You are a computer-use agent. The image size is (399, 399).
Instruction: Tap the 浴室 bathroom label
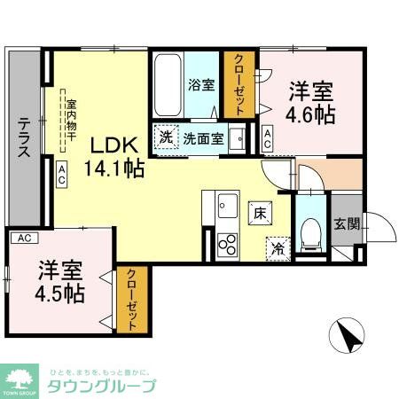(x=201, y=86)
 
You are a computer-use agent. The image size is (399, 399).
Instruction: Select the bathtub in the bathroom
(x=168, y=85)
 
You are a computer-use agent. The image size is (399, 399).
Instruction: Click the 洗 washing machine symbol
(x=165, y=138)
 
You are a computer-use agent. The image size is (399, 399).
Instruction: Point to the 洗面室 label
(x=203, y=138)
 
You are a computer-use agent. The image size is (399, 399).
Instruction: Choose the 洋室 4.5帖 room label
(x=59, y=282)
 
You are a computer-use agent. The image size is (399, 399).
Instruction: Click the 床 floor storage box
(x=259, y=213)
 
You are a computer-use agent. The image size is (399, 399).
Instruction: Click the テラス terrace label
(x=25, y=137)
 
